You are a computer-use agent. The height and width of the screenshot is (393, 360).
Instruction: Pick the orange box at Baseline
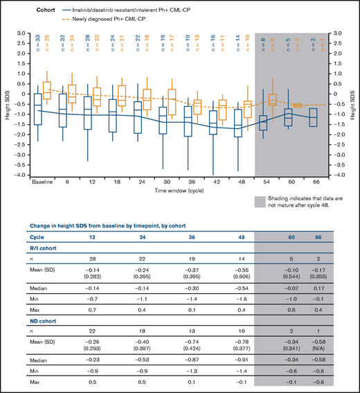[x=47, y=90]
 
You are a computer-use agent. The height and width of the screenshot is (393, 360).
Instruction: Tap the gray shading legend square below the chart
[x=260, y=202]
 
